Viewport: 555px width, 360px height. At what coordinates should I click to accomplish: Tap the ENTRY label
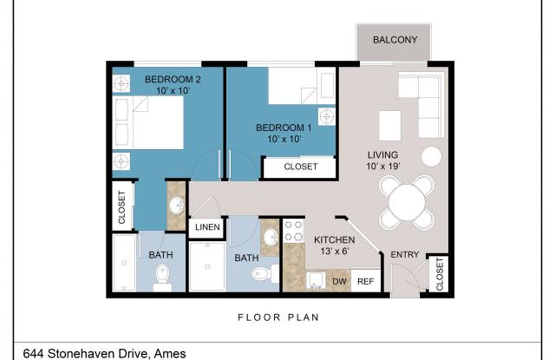(405, 254)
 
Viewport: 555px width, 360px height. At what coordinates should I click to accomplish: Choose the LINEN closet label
(207, 228)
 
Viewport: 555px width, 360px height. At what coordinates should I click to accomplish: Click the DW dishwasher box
(339, 281)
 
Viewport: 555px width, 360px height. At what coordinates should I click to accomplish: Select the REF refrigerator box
(365, 281)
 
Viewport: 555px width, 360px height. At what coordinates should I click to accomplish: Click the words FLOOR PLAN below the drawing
(278, 317)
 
